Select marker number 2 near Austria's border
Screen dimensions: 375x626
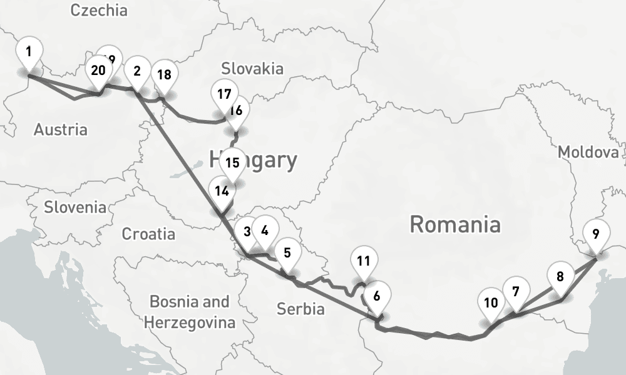click(x=137, y=71)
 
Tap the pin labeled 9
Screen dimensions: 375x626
click(x=596, y=235)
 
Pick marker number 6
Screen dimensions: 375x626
click(x=377, y=296)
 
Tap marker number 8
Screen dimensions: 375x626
click(x=560, y=276)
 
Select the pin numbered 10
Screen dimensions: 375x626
click(x=491, y=303)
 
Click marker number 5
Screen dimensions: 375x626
click(x=287, y=253)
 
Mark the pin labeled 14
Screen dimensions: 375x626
click(x=221, y=191)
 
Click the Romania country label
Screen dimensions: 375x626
click(x=455, y=224)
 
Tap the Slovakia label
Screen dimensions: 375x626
click(x=252, y=68)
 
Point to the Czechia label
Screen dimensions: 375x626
click(x=99, y=10)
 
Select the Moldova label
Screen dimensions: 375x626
click(x=588, y=152)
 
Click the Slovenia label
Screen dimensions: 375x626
click(x=75, y=207)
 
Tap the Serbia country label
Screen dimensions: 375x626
click(x=300, y=309)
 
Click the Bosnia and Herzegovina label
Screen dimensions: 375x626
click(x=190, y=312)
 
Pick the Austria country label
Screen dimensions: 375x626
click(x=60, y=130)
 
